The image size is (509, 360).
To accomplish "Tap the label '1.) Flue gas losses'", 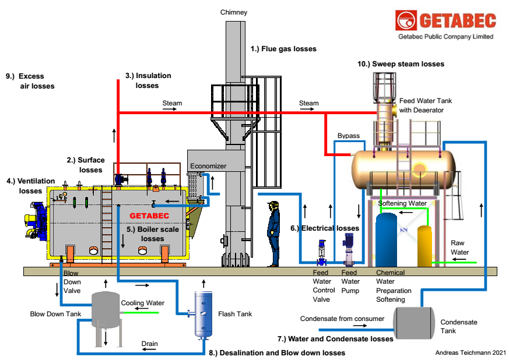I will point(283,49).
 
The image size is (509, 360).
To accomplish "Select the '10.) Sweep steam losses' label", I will point(401,64).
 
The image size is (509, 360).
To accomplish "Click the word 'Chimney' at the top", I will point(234,12).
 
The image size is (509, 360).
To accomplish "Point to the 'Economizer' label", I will point(208,166).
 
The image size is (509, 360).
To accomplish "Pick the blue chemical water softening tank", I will point(386,239).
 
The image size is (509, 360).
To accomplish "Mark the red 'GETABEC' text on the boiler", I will point(149,216).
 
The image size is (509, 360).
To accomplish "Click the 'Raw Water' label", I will point(460,248).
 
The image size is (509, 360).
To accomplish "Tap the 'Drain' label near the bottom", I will point(150,344).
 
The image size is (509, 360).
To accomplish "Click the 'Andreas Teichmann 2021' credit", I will point(469,352).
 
